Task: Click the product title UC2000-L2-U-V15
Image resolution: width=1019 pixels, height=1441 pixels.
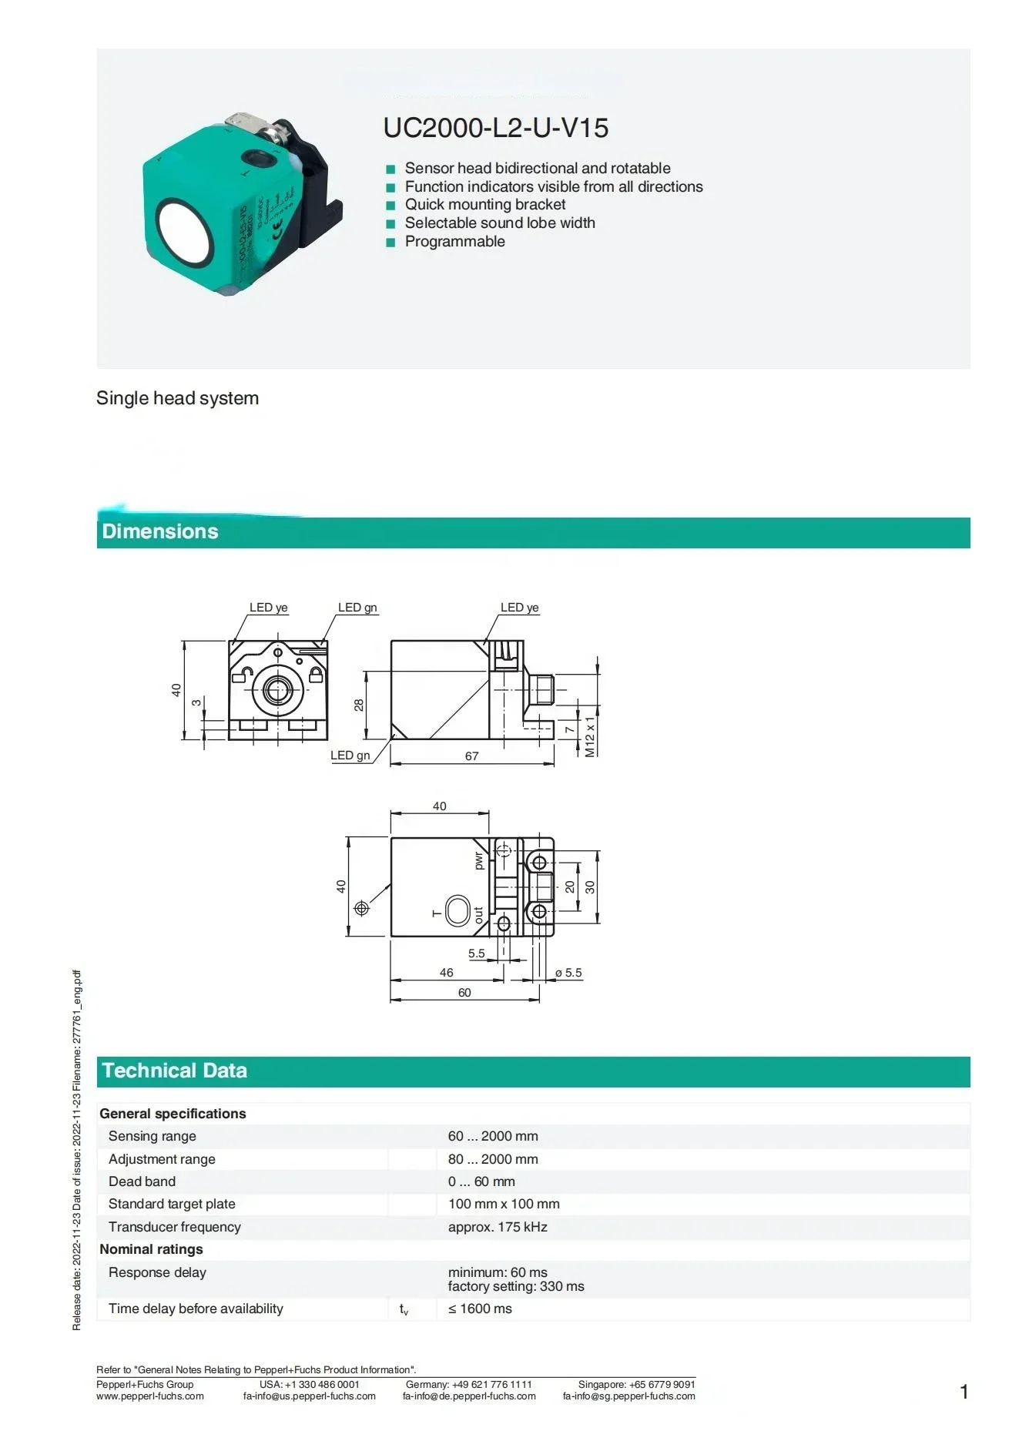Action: click(495, 128)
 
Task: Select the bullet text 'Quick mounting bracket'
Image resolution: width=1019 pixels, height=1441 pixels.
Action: click(485, 204)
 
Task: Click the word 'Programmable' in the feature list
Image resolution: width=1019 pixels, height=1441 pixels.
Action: click(455, 241)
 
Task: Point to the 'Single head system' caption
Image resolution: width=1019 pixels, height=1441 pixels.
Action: click(177, 398)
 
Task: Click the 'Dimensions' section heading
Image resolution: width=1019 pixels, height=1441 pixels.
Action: click(160, 531)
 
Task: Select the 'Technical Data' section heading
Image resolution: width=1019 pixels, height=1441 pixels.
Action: click(175, 1071)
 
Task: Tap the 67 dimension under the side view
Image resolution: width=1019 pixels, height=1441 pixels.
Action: click(471, 756)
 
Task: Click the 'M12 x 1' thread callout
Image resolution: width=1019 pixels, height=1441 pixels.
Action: click(590, 736)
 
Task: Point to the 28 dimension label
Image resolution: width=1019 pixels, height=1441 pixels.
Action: click(359, 705)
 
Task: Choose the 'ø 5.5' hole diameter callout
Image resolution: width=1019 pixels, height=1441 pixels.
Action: click(568, 973)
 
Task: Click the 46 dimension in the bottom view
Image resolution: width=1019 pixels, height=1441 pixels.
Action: click(447, 973)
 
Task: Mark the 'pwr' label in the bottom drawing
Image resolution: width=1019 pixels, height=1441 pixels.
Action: click(478, 860)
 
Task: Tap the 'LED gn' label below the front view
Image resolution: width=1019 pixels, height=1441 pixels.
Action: click(350, 756)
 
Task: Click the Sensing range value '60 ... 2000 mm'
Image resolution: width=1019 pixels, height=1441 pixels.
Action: click(493, 1136)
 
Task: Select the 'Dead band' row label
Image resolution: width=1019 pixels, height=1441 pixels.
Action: click(142, 1181)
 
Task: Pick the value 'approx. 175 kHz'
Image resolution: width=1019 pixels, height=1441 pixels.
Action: click(498, 1227)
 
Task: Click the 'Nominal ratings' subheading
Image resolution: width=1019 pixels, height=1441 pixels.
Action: click(151, 1249)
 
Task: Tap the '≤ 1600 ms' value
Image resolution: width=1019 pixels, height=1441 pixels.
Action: click(480, 1309)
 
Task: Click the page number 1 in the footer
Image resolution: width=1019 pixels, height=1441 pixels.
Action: click(964, 1392)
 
